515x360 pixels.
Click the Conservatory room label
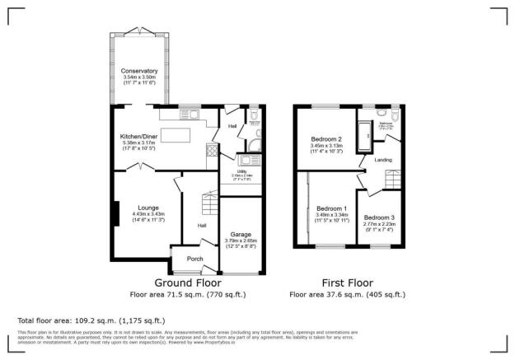138,70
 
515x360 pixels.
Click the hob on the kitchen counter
211,151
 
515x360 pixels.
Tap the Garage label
241,234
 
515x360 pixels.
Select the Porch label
195,259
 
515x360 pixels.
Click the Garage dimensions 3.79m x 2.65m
241,241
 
